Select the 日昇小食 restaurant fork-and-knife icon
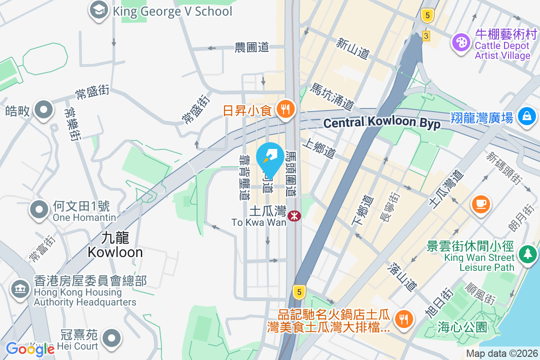[285, 108]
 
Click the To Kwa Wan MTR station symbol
[295, 216]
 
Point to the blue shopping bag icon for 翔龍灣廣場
[526, 116]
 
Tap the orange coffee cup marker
[481, 204]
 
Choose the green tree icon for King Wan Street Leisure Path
[526, 254]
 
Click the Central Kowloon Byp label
[382, 123]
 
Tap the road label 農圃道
[252, 47]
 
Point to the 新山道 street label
[353, 48]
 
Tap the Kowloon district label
[115, 244]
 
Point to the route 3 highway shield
[426, 35]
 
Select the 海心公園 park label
[462, 327]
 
